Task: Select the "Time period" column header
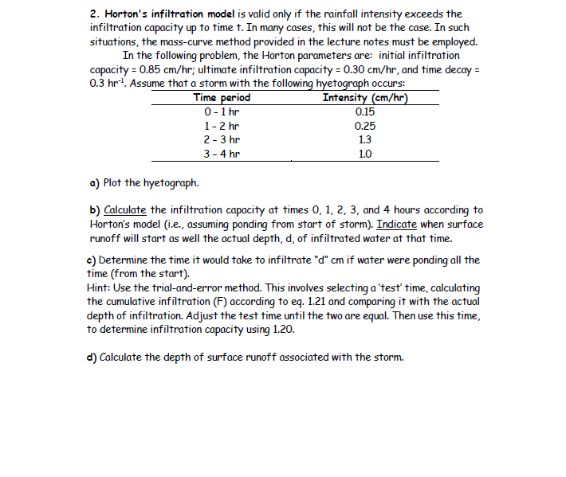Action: (222, 98)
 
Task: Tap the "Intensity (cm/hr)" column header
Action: (366, 98)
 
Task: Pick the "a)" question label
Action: (92, 182)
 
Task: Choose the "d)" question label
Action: (92, 356)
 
